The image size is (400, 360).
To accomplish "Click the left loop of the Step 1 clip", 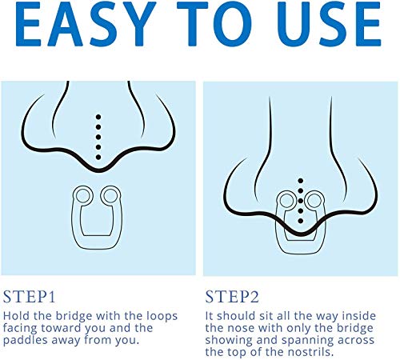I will (x=83, y=194).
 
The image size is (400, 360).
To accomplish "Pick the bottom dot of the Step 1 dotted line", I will (x=98, y=158).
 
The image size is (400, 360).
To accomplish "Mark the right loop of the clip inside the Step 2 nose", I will (x=314, y=200).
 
